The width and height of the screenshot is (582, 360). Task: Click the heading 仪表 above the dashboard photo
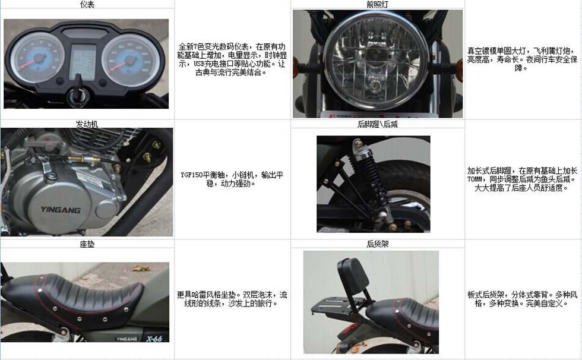click(x=87, y=4)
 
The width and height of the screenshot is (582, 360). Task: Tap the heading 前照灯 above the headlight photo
click(x=378, y=4)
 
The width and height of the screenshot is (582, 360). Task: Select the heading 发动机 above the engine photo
click(x=87, y=124)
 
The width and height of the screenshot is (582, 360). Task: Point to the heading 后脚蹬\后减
click(x=378, y=124)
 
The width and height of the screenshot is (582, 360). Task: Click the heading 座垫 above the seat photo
click(x=87, y=244)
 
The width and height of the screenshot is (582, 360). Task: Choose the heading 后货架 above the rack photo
click(x=378, y=244)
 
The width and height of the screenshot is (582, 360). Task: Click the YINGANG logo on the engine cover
click(x=61, y=210)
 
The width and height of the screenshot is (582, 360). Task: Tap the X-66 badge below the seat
click(x=154, y=338)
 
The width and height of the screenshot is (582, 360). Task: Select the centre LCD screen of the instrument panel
click(x=83, y=62)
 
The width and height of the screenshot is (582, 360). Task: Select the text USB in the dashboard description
click(x=200, y=64)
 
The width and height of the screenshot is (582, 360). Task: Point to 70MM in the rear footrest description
click(x=475, y=179)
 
